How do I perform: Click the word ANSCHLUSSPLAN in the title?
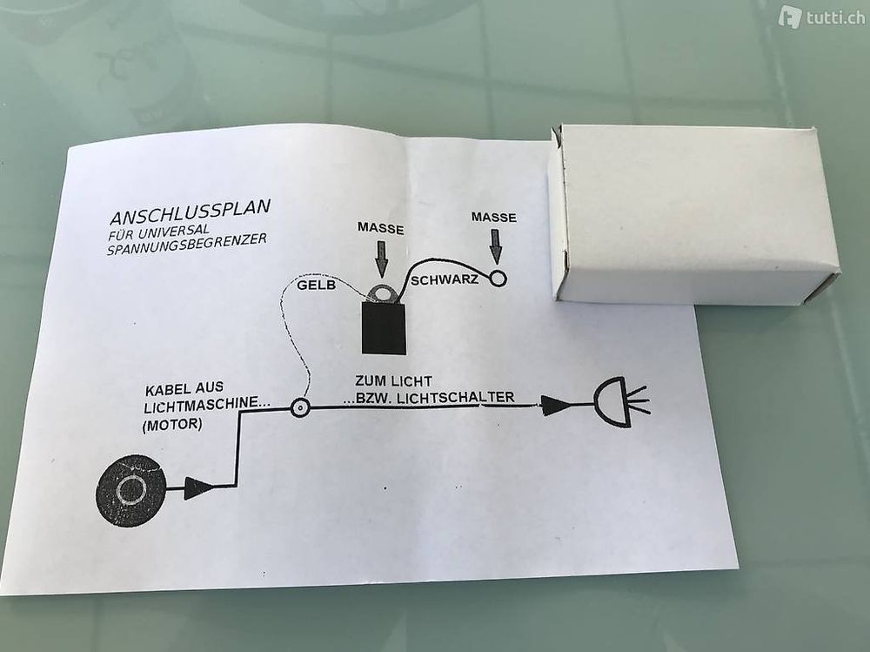191,212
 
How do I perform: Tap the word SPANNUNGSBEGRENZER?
186,244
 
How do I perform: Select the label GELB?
317,286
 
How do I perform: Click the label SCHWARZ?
444,280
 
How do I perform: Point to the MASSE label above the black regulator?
381,228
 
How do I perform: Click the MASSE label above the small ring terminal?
494,217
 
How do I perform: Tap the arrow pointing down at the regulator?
382,259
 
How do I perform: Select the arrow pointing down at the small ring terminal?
496,246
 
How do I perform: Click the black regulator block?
384,328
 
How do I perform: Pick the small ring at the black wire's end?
499,278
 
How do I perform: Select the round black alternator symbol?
131,490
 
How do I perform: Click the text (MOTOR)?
172,426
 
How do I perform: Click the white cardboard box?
693,214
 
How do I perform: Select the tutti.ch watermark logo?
821,17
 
